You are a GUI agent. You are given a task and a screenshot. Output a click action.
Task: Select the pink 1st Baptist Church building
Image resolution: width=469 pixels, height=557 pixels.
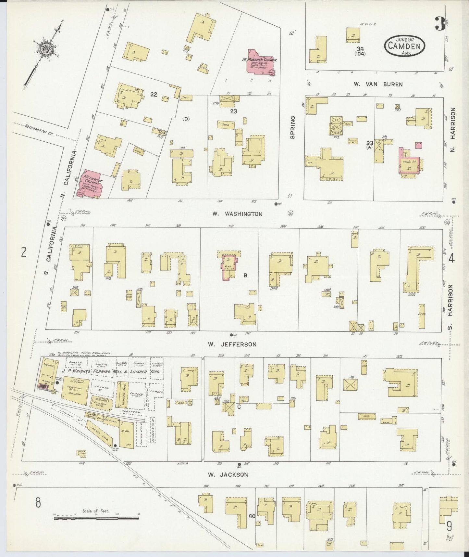(x=89, y=183)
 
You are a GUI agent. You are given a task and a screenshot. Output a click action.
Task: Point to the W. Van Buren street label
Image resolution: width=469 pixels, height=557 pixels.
(x=378, y=84)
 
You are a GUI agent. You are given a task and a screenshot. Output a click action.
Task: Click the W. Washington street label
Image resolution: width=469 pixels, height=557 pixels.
(x=237, y=214)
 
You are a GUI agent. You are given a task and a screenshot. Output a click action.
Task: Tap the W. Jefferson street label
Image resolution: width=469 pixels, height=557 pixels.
(x=232, y=344)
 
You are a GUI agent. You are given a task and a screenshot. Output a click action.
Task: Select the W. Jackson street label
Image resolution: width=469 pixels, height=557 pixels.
(x=228, y=474)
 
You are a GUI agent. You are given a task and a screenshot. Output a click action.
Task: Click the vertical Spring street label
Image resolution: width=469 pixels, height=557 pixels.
(x=292, y=127)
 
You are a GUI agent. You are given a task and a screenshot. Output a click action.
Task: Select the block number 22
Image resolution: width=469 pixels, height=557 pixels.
(x=154, y=95)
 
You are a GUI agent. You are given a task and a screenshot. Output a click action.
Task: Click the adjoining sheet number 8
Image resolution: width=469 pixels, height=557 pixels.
(x=38, y=503)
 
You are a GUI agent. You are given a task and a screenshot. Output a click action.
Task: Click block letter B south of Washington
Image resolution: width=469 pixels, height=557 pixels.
(x=245, y=276)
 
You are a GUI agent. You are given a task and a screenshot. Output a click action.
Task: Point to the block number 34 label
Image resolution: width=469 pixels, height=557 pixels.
(x=360, y=49)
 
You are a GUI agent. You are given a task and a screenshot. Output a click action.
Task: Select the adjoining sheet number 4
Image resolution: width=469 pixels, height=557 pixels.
(x=451, y=258)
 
